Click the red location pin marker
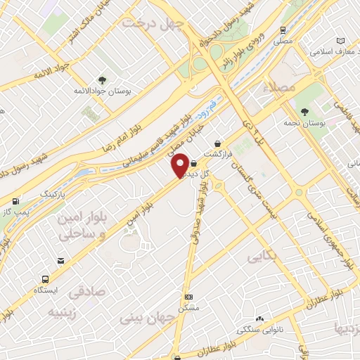point(181,165)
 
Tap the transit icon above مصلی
point(282,30)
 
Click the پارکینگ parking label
point(51,192)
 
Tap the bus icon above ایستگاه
point(46,278)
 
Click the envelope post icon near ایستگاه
point(62,262)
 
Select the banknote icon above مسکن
point(188,297)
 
